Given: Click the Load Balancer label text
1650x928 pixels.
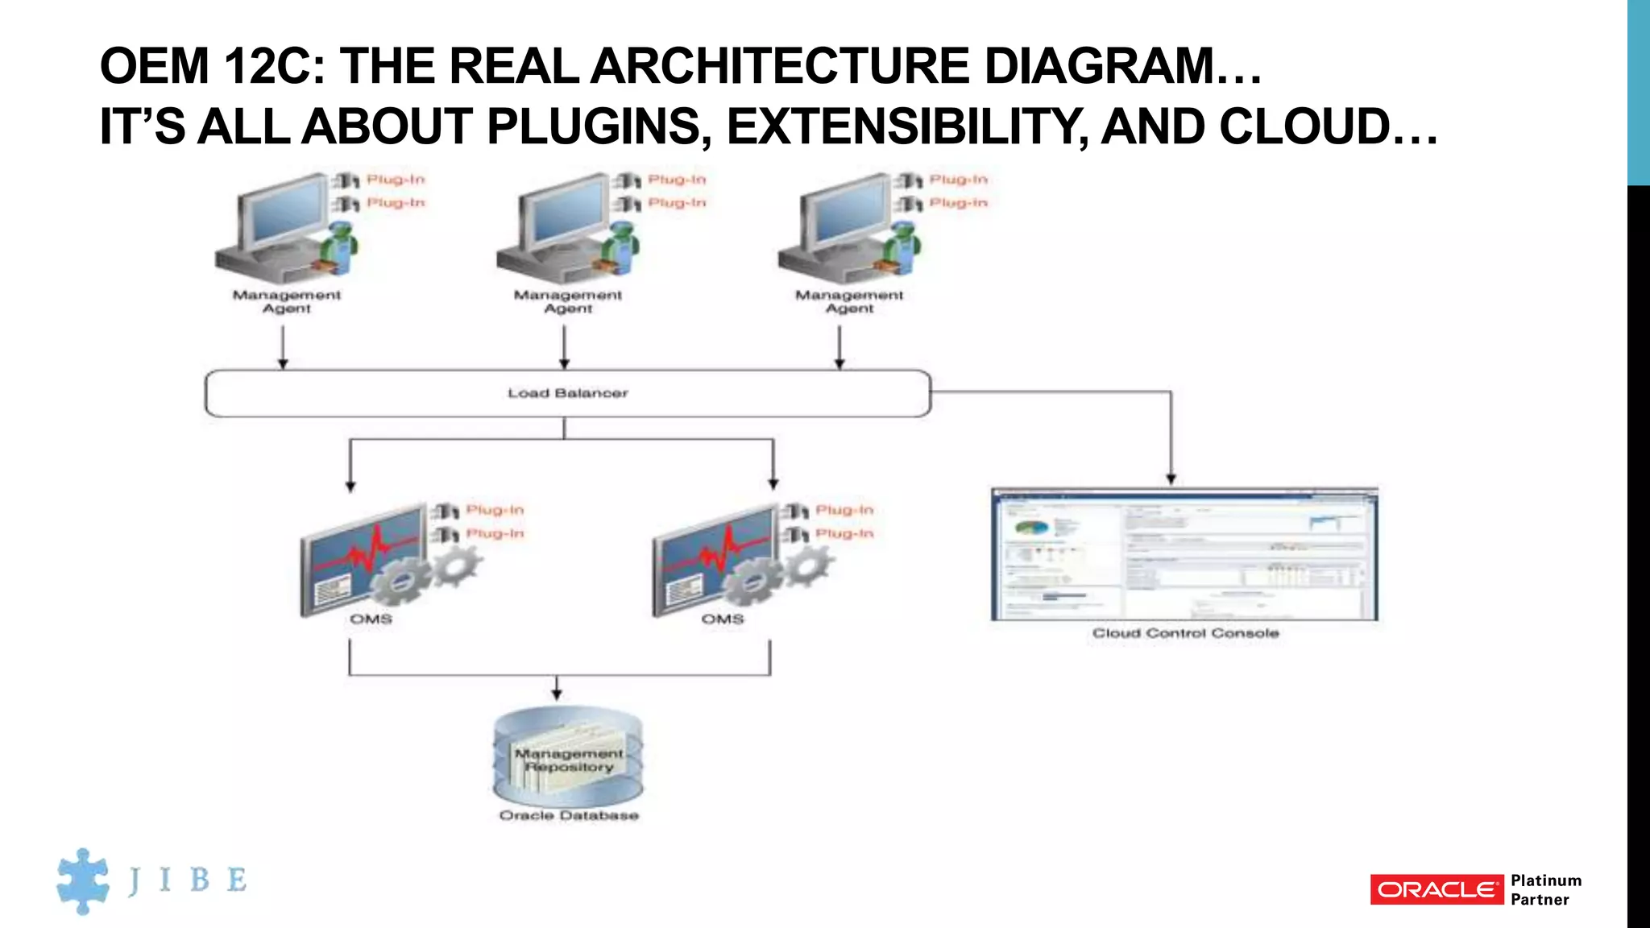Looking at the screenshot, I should click(x=567, y=393).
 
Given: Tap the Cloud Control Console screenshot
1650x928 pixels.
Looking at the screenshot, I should click(x=1184, y=554).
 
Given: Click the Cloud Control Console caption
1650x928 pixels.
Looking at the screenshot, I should click(x=1185, y=633).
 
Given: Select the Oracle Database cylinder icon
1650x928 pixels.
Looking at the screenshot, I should click(x=568, y=757).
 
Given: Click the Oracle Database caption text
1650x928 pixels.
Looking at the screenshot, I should click(x=569, y=815).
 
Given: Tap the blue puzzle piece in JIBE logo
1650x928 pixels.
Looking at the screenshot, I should click(x=83, y=880).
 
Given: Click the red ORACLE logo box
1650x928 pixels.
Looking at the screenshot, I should click(x=1436, y=889).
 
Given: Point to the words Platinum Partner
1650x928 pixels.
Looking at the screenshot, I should click(x=1545, y=889).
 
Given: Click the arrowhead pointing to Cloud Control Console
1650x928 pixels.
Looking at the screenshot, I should click(x=1171, y=479).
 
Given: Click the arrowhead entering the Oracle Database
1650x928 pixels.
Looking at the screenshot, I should click(x=557, y=694).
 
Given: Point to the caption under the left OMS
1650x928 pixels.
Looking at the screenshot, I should click(x=371, y=619).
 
